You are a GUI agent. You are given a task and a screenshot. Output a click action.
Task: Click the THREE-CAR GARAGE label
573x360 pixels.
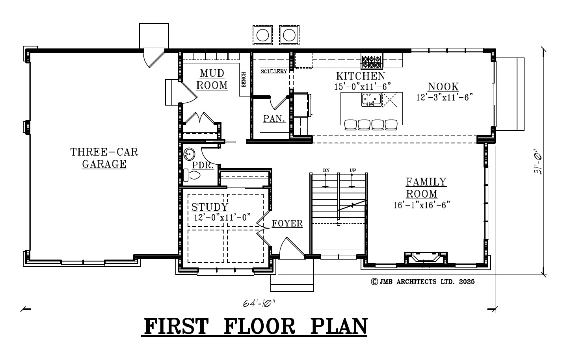[x=104, y=158]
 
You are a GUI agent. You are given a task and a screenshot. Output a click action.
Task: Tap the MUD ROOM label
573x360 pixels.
[x=212, y=79]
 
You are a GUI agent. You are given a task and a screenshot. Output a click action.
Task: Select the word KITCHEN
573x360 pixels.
[x=361, y=76]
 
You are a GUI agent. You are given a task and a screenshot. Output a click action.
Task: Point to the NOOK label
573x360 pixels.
[x=443, y=87]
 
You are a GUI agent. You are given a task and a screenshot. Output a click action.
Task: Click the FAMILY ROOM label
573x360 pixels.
[x=426, y=188]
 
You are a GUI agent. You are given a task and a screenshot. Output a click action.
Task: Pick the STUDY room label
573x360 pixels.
[x=210, y=207]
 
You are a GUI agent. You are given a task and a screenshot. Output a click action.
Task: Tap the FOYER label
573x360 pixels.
[x=287, y=223]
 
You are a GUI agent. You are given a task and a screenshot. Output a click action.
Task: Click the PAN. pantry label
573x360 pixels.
[x=274, y=119]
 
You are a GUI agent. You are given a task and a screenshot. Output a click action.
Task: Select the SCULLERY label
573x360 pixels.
[x=274, y=71]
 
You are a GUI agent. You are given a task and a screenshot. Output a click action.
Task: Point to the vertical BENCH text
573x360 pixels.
[x=244, y=79]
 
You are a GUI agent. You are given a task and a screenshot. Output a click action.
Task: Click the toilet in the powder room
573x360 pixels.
[x=192, y=175]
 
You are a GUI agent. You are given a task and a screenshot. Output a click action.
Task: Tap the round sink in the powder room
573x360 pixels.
[x=189, y=154]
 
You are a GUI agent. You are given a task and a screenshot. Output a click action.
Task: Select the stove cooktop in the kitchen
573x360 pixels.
[x=372, y=62]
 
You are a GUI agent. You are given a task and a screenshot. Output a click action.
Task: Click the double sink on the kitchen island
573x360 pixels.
[x=372, y=100]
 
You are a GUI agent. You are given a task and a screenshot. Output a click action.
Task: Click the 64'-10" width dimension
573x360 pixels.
[x=259, y=303]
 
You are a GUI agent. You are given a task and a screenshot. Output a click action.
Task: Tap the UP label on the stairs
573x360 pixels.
[x=353, y=170]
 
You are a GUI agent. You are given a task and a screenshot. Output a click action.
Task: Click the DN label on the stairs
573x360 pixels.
[x=326, y=170]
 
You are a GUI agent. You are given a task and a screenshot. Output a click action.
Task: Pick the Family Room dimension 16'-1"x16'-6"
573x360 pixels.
[x=422, y=205]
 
